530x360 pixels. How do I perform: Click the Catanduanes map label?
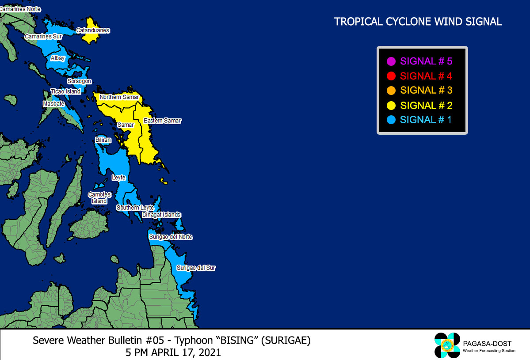[93, 30]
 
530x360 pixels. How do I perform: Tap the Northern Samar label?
[119, 97]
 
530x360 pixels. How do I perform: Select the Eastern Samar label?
[162, 121]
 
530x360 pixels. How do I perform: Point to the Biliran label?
[103, 140]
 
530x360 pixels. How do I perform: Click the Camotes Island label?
[99, 198]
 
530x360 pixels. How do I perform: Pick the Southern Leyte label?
[135, 208]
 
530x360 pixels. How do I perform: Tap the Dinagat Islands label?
[161, 215]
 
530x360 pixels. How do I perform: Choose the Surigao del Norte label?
[171, 237]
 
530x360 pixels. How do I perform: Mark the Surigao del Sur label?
[196, 268]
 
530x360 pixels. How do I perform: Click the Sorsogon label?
[79, 81]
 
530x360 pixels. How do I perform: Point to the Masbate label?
[53, 104]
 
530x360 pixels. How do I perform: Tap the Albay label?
[58, 58]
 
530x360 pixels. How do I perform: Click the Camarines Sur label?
[43, 36]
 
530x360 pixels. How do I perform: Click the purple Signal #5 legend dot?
[391, 61]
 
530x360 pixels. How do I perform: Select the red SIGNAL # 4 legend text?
[426, 76]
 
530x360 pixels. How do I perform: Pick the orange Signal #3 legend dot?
[391, 91]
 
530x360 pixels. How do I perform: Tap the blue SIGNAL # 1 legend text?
[426, 120]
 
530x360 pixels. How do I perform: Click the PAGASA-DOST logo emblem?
[447, 345]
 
